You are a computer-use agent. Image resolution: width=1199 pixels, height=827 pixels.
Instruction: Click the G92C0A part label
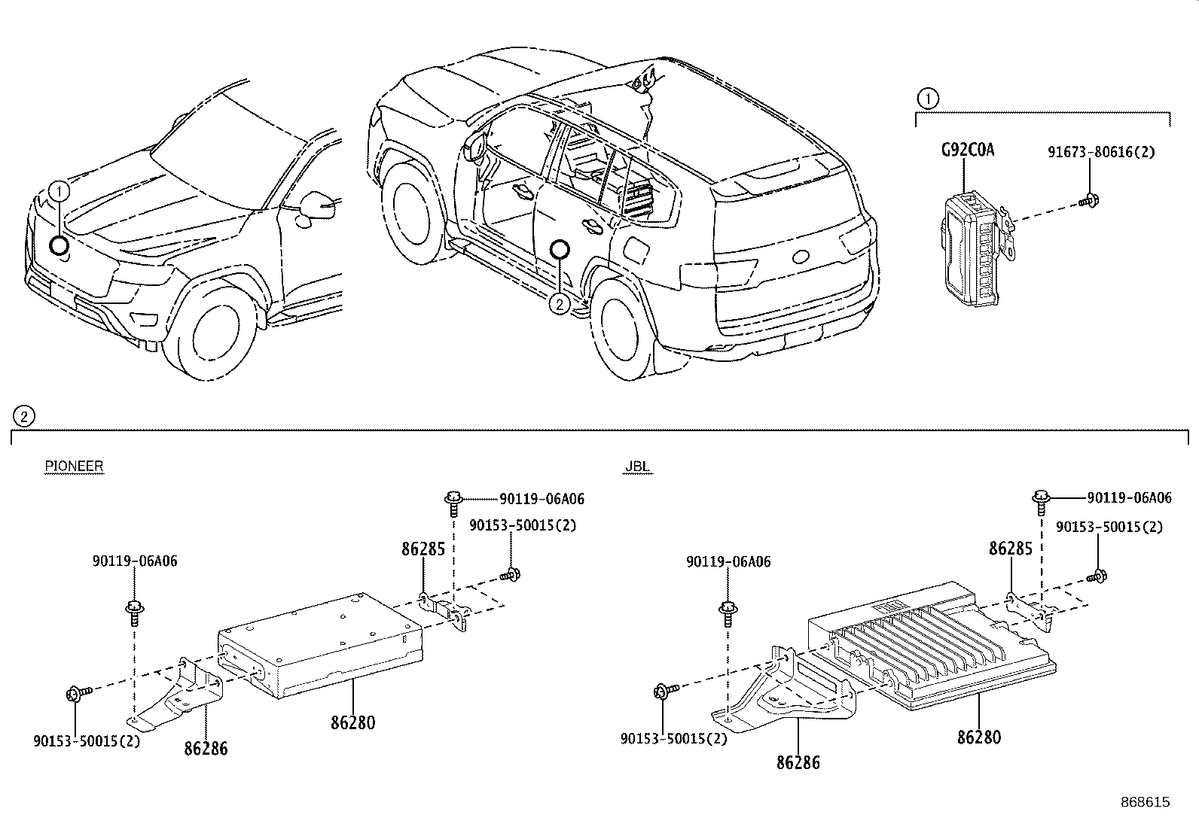[x=968, y=150]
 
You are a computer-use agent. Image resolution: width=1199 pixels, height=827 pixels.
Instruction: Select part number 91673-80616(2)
[x=1100, y=151]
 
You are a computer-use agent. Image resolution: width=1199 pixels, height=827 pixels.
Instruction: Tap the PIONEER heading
[x=74, y=466]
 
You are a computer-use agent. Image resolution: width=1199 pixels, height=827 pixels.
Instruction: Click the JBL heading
[x=637, y=467]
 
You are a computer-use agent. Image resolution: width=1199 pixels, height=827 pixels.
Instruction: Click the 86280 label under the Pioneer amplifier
[x=352, y=723]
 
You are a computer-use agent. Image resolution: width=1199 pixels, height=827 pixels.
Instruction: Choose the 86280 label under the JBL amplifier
[x=979, y=737]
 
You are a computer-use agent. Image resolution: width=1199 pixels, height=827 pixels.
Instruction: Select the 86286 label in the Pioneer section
[x=206, y=748]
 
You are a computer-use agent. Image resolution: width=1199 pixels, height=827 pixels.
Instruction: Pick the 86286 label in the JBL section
[x=798, y=762]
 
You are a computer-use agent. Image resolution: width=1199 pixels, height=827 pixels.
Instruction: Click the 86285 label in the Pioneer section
[x=423, y=549]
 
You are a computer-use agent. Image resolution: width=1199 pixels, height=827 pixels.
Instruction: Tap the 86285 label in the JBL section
[x=1010, y=549]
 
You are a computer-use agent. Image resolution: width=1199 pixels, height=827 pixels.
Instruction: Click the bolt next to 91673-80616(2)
[x=1087, y=200]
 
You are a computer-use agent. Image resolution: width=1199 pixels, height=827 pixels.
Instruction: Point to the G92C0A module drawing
[x=972, y=248]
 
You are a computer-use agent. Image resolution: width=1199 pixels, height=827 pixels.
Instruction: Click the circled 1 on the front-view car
[x=59, y=191]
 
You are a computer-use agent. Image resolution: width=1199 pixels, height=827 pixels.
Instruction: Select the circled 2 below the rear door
[x=559, y=303]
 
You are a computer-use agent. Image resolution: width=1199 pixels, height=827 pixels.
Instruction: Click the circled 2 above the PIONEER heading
[x=23, y=415]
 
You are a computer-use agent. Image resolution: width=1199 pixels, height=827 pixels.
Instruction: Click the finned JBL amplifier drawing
[x=926, y=640]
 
